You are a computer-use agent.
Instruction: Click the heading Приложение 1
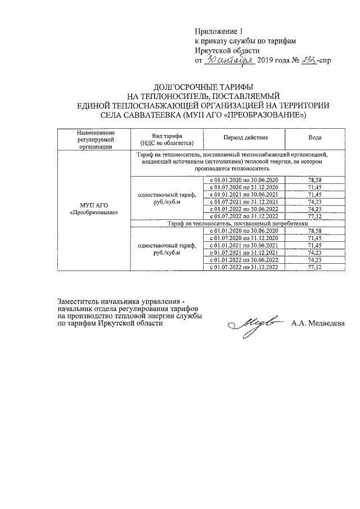tap(220, 31)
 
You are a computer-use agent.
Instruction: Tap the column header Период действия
tap(245, 139)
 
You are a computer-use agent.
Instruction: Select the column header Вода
tap(315, 139)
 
